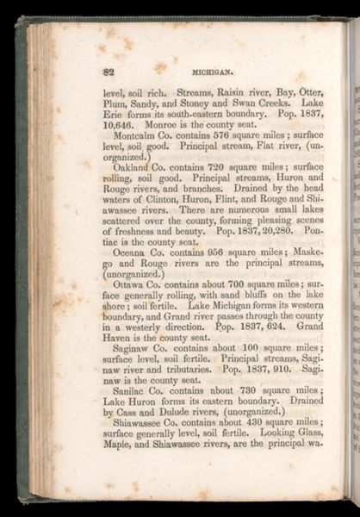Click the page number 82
pos(108,71)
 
